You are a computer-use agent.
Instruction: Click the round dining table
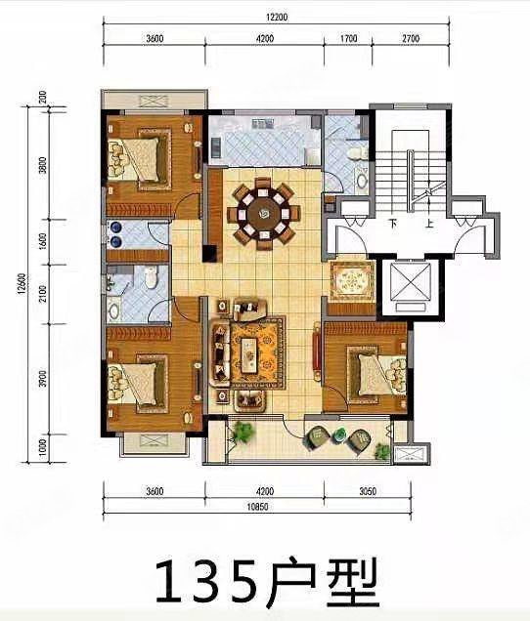[261, 208]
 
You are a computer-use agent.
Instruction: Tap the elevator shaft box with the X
[412, 286]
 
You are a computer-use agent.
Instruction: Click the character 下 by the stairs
[392, 224]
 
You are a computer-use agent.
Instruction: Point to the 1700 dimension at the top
[348, 40]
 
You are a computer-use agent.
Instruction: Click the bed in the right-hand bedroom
[378, 374]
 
